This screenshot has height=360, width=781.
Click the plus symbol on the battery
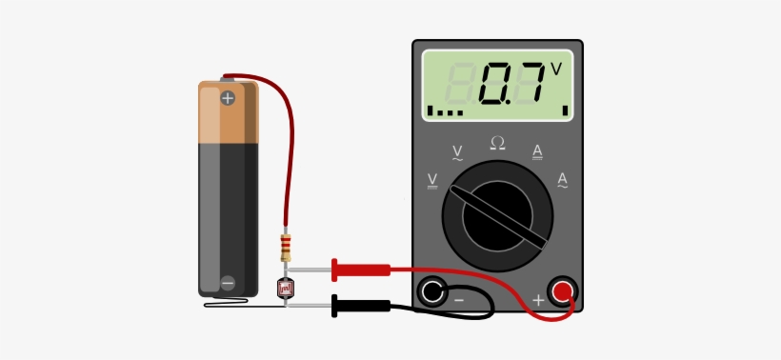coord(227,98)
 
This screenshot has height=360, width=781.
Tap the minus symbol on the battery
coord(227,283)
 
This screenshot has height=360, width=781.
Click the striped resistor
coord(286,248)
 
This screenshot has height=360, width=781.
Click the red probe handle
coord(361,270)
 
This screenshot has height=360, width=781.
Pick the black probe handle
coord(361,306)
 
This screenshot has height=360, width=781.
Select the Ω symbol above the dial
coord(497,143)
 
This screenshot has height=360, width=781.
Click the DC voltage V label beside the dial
coord(433,180)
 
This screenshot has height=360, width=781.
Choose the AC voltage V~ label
coord(457,152)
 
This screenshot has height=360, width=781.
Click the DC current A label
coord(537,151)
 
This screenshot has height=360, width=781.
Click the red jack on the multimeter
coord(562,290)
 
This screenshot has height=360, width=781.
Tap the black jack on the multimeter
coord(433,291)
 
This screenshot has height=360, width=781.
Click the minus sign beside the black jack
coord(458,301)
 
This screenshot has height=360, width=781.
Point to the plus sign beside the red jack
coord(537,300)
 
